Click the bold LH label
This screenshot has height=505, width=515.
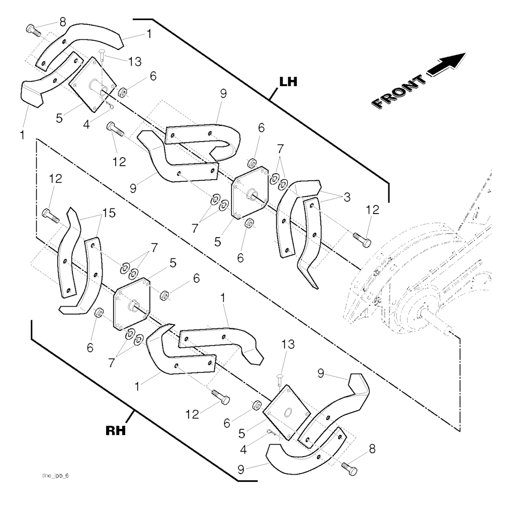click(288, 82)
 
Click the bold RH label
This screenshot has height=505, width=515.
click(116, 430)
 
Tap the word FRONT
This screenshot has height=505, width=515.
click(398, 92)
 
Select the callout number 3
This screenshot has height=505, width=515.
click(347, 197)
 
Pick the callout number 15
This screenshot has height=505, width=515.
click(109, 213)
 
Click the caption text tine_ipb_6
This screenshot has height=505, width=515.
click(55, 476)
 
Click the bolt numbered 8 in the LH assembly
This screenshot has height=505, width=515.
click(33, 30)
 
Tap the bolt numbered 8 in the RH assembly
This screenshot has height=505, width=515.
click(349, 469)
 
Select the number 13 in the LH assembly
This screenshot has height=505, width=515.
click(135, 61)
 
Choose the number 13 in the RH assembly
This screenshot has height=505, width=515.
click(288, 344)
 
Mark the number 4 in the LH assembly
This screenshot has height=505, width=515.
click(87, 125)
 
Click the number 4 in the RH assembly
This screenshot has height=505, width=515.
click(243, 450)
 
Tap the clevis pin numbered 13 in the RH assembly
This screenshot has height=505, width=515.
click(280, 380)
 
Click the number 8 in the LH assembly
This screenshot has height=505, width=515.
click(62, 22)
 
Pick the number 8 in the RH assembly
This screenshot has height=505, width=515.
click(372, 449)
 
